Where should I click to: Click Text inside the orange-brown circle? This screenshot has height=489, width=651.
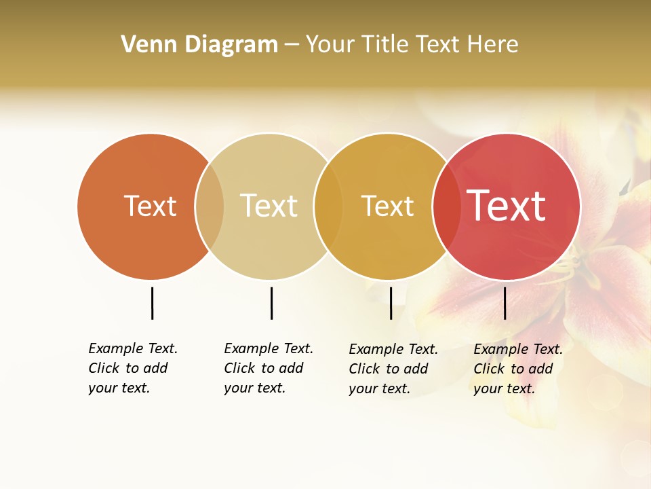coord(150,206)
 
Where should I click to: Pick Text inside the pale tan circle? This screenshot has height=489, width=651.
coord(269,206)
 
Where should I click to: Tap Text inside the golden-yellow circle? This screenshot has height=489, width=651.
coord(387,206)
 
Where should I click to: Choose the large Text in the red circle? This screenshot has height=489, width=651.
coord(507,206)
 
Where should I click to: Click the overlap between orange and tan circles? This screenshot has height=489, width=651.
coord(210,206)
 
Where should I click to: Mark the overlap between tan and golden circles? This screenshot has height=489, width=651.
coord(328,206)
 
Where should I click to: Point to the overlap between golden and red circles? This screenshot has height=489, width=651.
coord(446,206)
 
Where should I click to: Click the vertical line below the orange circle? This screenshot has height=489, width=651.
coord(152,303)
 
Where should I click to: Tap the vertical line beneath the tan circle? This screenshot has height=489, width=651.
coord(271,303)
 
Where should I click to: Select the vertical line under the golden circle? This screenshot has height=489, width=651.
coord(391,303)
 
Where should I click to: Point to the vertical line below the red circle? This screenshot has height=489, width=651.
coord(505,303)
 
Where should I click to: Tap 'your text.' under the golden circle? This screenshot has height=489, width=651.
coord(379,388)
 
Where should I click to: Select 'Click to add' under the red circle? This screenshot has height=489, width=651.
coord(513,369)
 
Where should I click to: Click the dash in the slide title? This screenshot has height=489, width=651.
coord(292,45)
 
